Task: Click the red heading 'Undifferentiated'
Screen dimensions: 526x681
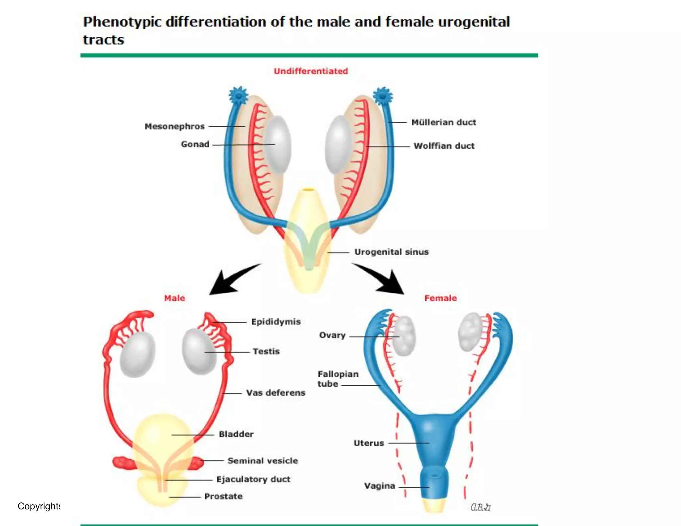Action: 311,71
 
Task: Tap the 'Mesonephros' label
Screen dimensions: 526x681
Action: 175,126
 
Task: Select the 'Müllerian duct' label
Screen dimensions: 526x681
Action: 444,122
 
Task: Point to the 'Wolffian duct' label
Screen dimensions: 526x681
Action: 444,146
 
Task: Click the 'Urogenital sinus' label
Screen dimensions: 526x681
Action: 391,252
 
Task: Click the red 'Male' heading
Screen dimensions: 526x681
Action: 174,298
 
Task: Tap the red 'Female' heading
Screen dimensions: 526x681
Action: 440,298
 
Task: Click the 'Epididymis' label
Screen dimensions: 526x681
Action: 276,322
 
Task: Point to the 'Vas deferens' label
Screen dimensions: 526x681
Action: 276,393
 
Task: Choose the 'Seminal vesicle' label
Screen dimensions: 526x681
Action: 263,460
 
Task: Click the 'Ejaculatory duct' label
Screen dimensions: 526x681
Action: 253,479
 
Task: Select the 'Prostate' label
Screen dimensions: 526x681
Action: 223,496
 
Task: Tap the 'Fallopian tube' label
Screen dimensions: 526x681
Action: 338,379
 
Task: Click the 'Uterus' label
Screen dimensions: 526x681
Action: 369,443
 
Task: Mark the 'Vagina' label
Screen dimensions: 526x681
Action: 379,486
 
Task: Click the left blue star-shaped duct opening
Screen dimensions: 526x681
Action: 238,96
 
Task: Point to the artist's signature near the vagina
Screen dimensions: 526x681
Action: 480,507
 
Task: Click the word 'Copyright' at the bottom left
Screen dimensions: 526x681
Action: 39,506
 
